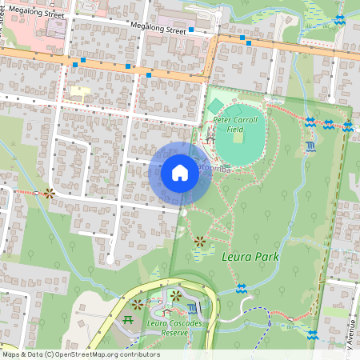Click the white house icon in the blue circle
pos(180,173)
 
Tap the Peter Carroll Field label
pos(235,123)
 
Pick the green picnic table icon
pos(129,320)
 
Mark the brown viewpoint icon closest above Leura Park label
pos(199,241)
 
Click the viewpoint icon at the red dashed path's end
pos(50,193)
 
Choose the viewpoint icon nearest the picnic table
pos(138,305)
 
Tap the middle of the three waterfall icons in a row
pos(328,124)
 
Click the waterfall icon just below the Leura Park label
pos(241,288)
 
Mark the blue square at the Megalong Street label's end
pos(191,32)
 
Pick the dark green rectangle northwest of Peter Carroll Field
pos(214,106)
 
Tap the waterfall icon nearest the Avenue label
pos(313,334)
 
